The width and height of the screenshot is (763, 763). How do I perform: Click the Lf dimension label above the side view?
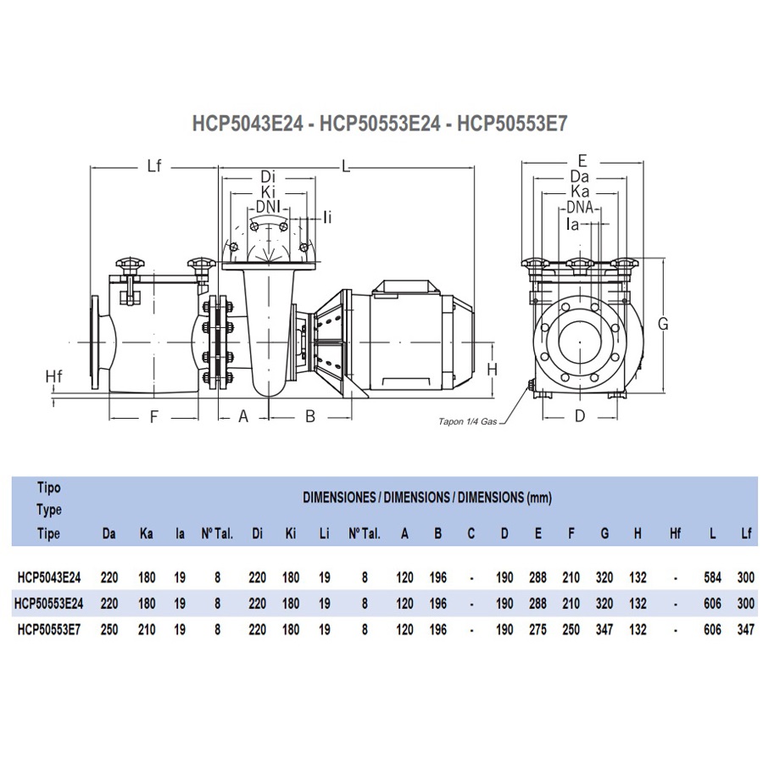coord(153,165)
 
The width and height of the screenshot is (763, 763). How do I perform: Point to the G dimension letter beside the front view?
coord(664,323)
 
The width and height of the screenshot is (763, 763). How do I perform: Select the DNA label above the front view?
coord(580,209)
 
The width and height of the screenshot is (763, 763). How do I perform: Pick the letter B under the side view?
coord(310,416)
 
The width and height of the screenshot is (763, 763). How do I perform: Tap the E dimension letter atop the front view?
coord(581,159)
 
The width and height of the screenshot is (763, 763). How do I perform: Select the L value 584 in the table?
coord(713,578)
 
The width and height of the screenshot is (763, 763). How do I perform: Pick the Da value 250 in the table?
coord(109,630)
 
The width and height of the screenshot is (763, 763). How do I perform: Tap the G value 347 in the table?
coord(604,630)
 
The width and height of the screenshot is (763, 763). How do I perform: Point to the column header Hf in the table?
coord(675,534)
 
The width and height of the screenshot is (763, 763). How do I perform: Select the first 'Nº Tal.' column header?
coord(217,534)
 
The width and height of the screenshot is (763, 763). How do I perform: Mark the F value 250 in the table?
coord(571,630)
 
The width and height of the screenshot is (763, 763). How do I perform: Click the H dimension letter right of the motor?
coord(491,369)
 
